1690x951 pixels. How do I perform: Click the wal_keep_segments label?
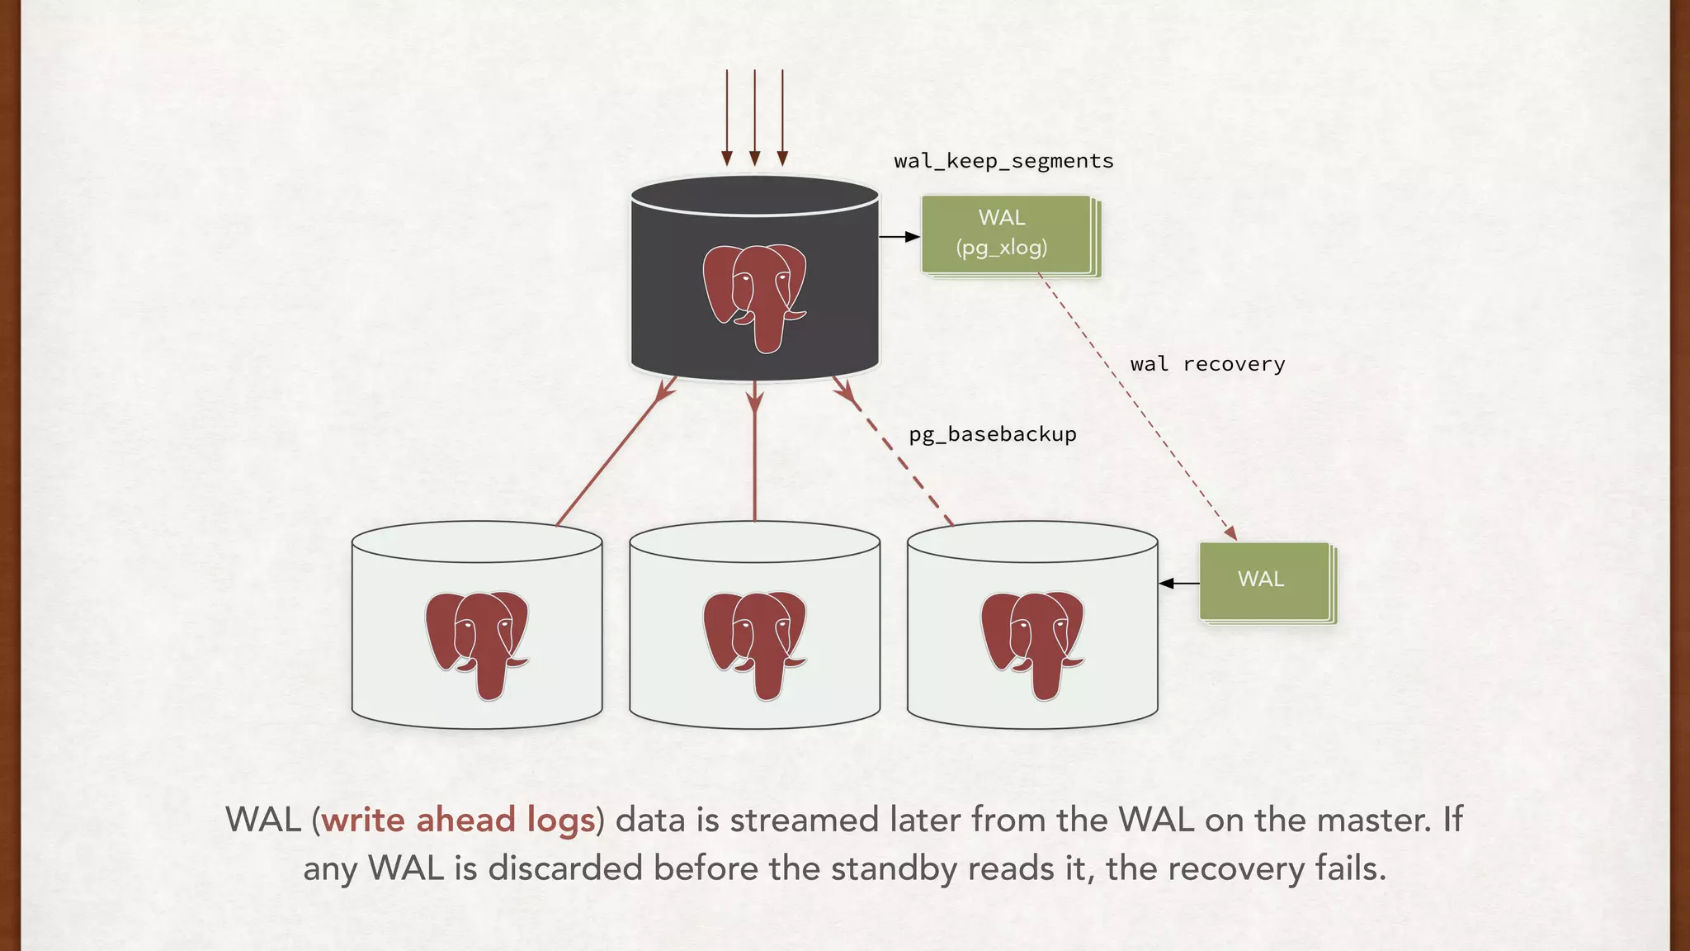coord(1003,161)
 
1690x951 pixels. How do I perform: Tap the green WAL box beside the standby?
coord(1263,580)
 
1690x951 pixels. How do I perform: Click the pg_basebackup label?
coord(993,434)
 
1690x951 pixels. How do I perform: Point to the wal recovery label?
coord(1207,364)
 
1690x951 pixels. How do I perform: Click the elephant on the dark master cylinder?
coord(754,297)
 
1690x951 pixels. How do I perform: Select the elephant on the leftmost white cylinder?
coord(476,645)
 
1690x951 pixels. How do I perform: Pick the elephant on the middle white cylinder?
coord(754,645)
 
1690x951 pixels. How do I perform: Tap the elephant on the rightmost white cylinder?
coord(1031,645)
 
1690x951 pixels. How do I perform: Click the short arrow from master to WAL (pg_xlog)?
coord(899,237)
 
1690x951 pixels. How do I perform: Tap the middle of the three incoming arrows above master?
coord(754,116)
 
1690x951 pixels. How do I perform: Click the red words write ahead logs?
coord(458,821)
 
